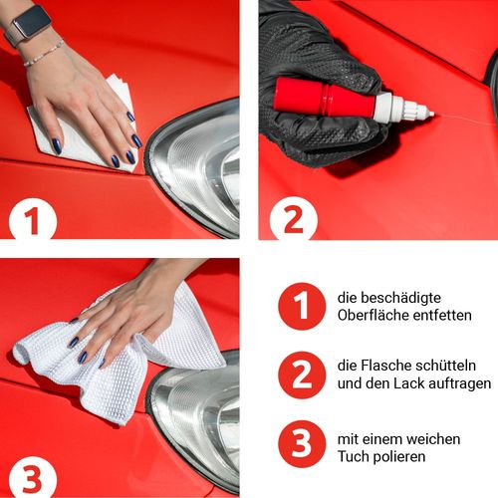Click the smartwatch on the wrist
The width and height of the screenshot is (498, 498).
[29, 25]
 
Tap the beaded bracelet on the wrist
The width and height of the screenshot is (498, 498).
[44, 54]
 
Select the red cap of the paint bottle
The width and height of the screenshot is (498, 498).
[324, 98]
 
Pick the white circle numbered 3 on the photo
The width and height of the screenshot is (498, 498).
[33, 478]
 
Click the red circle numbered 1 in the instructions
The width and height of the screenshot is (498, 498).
[302, 306]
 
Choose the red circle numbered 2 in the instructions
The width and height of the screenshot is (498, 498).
[302, 374]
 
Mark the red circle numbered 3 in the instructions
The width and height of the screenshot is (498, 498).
[302, 444]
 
